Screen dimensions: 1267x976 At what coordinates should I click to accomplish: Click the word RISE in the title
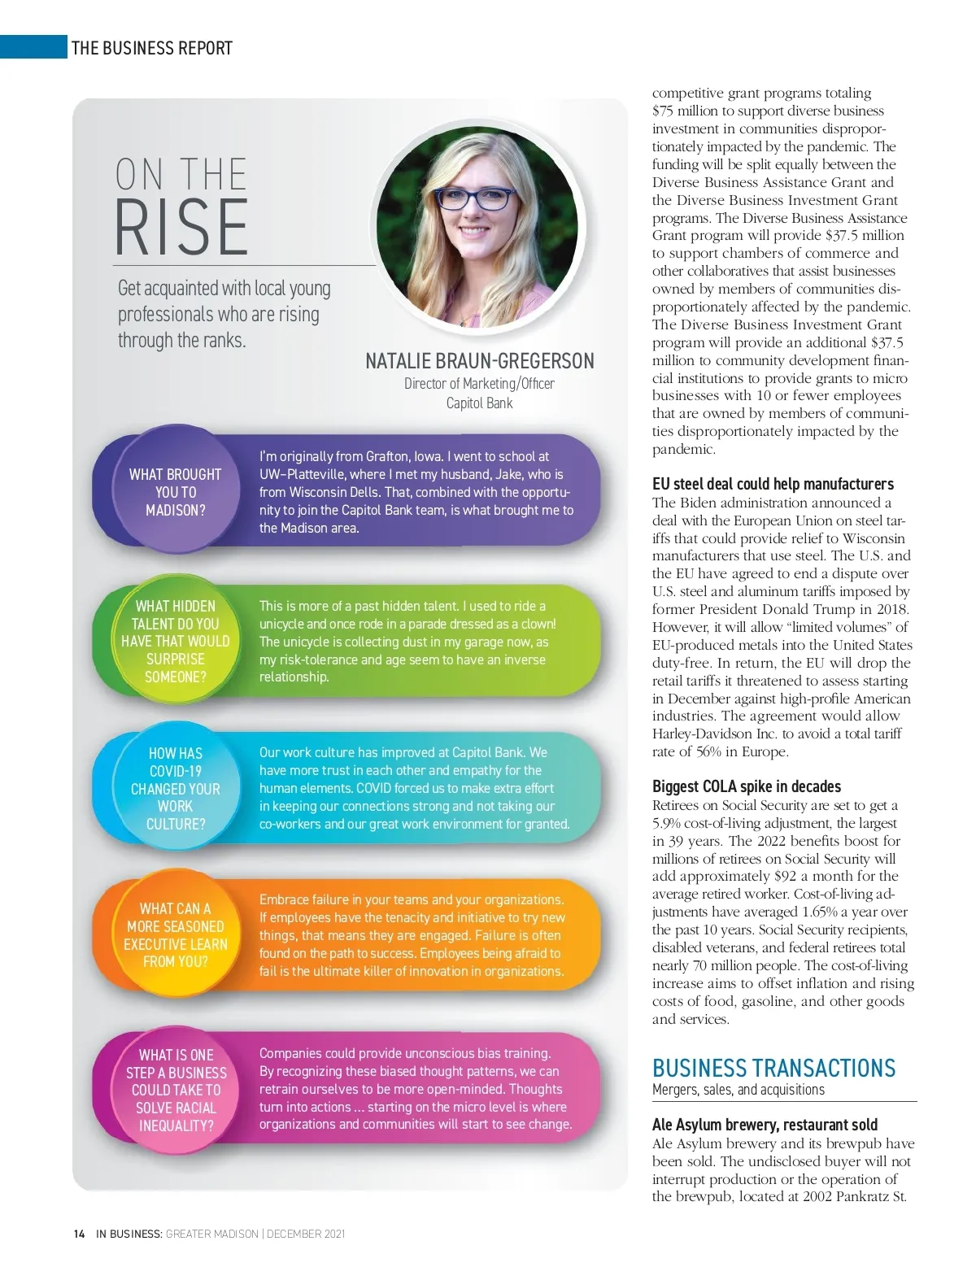coord(181,228)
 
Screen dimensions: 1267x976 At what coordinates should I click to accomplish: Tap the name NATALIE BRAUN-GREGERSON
coord(479,361)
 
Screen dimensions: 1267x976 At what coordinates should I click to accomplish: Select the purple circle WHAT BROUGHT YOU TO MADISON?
coord(175,492)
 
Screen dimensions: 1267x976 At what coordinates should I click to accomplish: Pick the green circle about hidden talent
coord(175,642)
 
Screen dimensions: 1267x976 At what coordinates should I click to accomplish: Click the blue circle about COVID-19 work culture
coord(175,789)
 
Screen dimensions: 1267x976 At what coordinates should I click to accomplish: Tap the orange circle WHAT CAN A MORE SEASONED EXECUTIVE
coord(175,935)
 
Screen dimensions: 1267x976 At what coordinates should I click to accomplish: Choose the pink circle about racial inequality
coord(176,1091)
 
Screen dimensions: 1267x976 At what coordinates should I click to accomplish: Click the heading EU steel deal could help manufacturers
coord(772,485)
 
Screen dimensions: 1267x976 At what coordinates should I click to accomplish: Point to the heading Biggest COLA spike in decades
coord(746,786)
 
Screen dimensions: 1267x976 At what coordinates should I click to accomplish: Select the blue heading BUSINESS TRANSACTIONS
coord(773,1068)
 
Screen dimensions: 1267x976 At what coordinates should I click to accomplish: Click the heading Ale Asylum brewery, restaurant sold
coord(765,1125)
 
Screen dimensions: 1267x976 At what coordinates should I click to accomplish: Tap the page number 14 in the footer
coord(79,1234)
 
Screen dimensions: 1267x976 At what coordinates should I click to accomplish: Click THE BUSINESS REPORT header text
coord(152,48)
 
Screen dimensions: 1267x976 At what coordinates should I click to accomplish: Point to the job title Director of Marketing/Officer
coord(479,384)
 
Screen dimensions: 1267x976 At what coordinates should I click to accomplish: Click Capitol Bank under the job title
coord(479,403)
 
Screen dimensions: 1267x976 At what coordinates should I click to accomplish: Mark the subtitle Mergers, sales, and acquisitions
coord(738,1090)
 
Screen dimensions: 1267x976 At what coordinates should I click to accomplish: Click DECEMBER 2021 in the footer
coord(306,1234)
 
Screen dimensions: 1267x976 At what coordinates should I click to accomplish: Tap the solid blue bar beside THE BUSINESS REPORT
coord(33,47)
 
